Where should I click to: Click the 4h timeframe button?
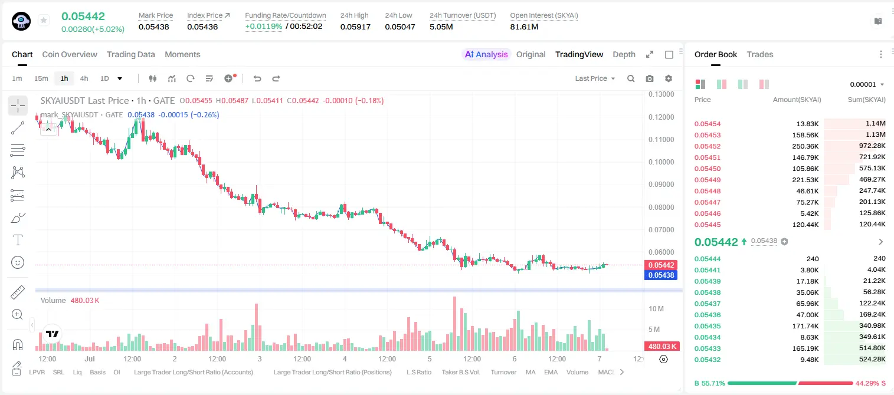tap(84, 78)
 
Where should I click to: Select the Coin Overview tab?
tap(70, 55)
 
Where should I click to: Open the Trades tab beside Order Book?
tap(760, 55)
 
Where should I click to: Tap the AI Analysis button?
tap(486, 55)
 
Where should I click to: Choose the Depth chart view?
tap(624, 55)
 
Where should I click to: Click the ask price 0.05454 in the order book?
tap(708, 124)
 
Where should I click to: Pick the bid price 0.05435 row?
tap(708, 326)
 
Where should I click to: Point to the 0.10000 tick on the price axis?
tap(662, 162)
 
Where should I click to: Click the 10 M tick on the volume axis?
tap(656, 309)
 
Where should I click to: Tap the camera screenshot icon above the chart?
tap(650, 78)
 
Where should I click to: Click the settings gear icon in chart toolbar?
tap(669, 78)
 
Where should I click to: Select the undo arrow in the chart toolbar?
tap(257, 78)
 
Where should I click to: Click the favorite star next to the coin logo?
tap(44, 20)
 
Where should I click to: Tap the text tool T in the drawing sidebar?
tap(18, 240)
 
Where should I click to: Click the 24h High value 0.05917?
tap(355, 27)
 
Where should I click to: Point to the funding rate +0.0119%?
tap(263, 27)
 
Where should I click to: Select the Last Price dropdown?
tap(595, 78)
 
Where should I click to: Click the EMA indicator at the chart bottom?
tap(551, 372)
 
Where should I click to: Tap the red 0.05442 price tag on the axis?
tap(661, 265)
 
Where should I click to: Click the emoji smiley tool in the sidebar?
tap(18, 263)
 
